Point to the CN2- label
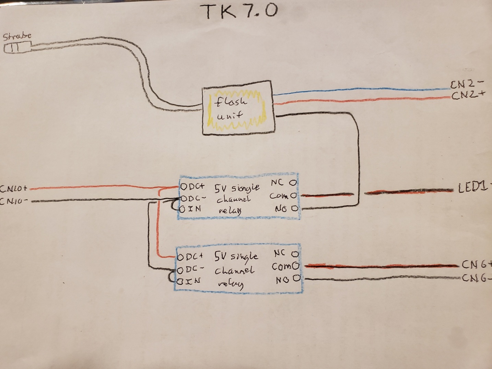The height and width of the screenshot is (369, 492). pos(467,83)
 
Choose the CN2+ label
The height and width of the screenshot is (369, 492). pos(468,95)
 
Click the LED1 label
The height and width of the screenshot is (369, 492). pos(473,187)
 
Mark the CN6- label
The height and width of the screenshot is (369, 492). pos(476,278)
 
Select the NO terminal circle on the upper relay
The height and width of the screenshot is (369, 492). pos(294,208)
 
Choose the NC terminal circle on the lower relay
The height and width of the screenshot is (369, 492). pos(295,254)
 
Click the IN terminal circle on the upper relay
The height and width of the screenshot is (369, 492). pos(183,209)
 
